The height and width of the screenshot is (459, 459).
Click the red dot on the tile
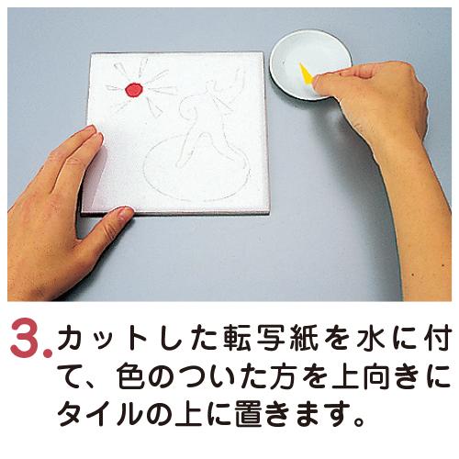coord(134,90)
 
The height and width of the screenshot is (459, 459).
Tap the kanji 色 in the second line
coord(132,375)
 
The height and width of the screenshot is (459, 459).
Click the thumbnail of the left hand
coord(124,213)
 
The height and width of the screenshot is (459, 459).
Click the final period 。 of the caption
coord(359,421)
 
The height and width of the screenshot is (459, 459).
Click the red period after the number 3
coord(47,353)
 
